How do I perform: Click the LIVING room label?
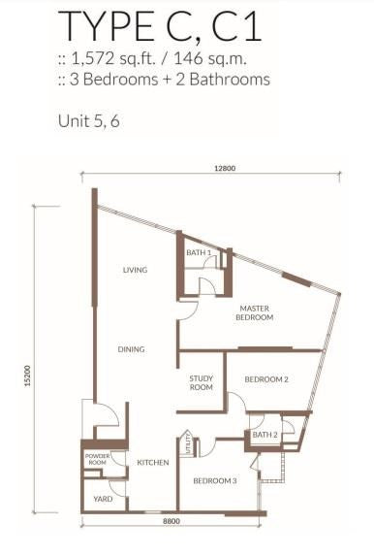135,270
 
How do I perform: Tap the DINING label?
131,349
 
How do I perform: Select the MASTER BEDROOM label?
254,312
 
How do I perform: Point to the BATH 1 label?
199,252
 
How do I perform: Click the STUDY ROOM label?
202,382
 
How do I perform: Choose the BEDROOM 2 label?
266,379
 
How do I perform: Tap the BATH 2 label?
265,435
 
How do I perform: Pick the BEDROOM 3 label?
215,481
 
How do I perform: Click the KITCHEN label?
153,463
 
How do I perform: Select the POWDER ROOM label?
98,459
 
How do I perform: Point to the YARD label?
103,499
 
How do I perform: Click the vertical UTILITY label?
188,443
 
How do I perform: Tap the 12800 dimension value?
225,168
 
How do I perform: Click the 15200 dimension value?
28,376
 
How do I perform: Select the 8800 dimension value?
171,521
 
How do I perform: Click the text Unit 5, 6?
89,121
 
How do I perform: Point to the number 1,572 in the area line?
93,59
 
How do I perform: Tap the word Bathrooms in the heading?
230,79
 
